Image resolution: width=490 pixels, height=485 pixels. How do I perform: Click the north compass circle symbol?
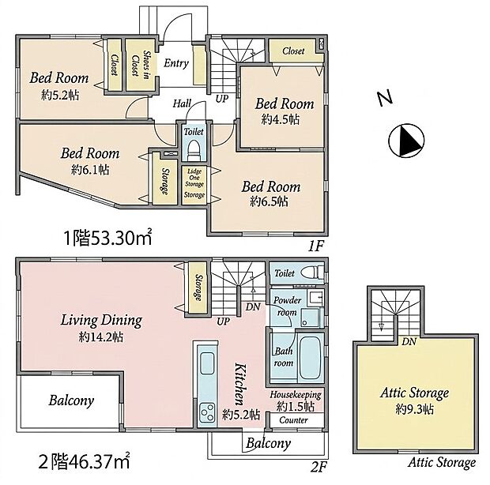point(406,140)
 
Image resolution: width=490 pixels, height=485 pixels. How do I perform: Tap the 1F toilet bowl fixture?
point(194,149)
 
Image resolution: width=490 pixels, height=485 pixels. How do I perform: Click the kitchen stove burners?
point(207,412)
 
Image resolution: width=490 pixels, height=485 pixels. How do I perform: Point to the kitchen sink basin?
point(207,363)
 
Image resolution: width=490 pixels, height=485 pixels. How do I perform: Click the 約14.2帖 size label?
point(101,337)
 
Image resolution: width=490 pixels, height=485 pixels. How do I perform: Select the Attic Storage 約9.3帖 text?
point(415,400)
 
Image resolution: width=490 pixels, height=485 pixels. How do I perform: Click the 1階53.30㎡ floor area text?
point(107,238)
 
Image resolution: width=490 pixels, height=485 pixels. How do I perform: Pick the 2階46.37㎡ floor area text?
point(84,461)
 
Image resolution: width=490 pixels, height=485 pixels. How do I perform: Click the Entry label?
point(176,63)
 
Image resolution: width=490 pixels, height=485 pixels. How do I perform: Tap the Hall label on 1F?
point(182,103)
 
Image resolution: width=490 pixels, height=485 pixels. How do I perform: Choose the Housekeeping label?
point(296,395)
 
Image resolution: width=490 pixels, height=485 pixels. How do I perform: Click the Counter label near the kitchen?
point(294,420)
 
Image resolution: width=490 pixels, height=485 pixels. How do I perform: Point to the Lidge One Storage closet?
point(194,185)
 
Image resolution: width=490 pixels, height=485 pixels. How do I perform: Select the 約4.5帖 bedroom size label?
point(281,119)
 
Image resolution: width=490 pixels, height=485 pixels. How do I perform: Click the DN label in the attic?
point(409,341)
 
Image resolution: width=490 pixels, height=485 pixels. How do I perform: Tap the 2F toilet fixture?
point(313,272)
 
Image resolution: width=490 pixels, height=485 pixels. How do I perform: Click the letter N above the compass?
point(384,98)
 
